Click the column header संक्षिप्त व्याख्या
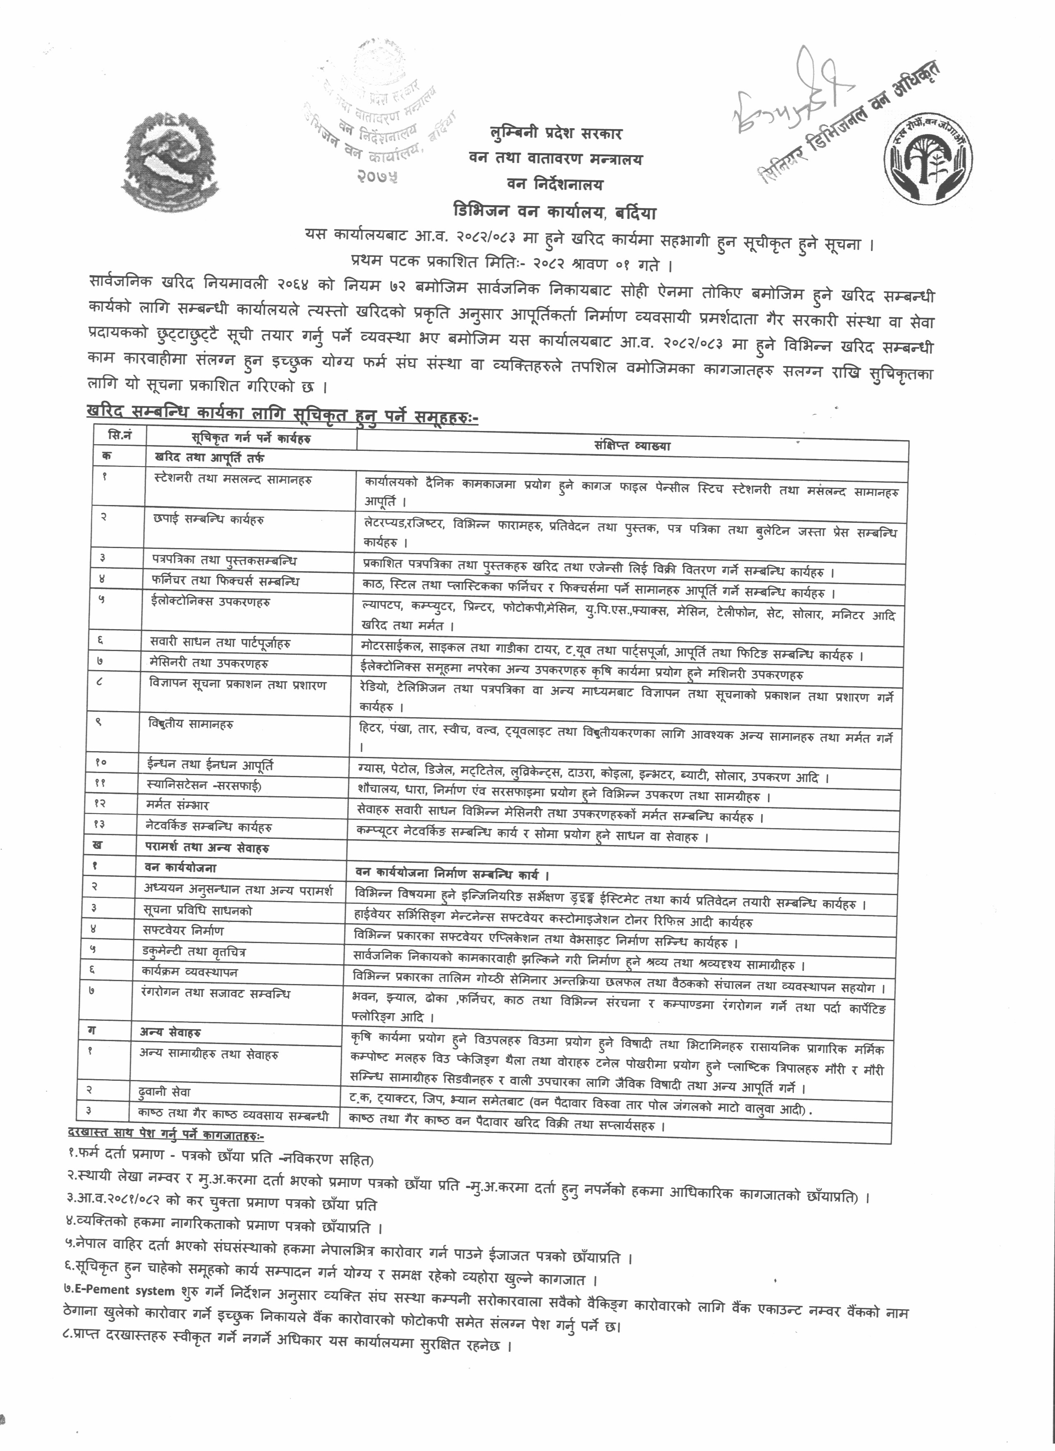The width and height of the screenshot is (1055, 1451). (632, 446)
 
